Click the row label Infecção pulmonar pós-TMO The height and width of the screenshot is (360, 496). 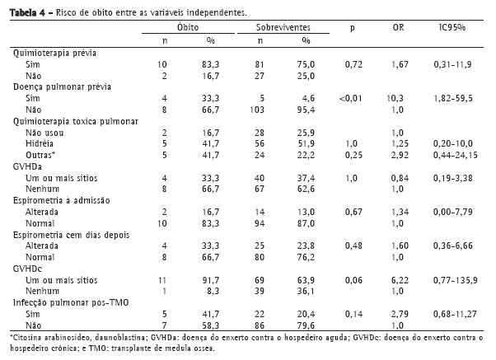coord(63,303)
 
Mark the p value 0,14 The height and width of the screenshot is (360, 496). coord(352,315)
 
